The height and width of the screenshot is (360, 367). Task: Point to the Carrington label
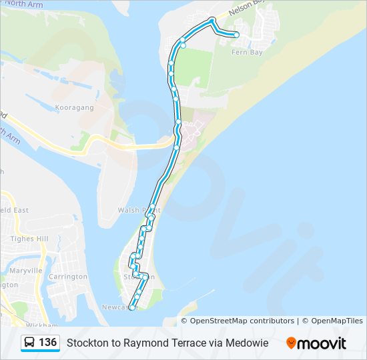(68, 277)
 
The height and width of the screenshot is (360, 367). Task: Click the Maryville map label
(26, 271)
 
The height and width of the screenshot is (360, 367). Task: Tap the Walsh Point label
(138, 210)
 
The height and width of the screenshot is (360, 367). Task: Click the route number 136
(47, 343)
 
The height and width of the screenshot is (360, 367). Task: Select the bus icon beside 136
(30, 343)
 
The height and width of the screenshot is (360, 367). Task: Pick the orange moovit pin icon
(291, 343)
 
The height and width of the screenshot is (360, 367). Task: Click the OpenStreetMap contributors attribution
(242, 321)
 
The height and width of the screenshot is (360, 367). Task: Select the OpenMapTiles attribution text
(336, 321)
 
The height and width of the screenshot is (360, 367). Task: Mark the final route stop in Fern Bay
(236, 35)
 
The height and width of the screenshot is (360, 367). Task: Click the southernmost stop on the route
(132, 307)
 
